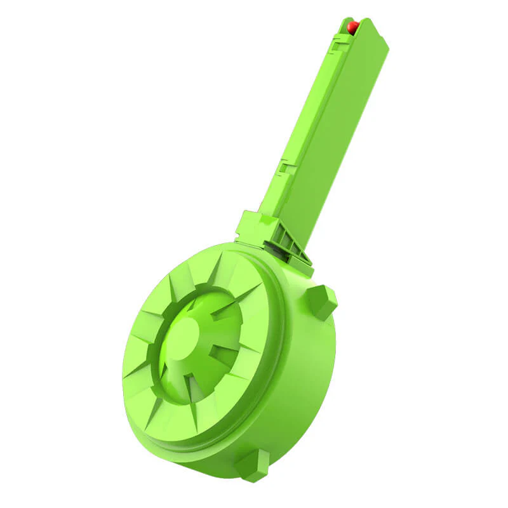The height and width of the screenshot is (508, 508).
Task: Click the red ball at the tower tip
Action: coord(353,27)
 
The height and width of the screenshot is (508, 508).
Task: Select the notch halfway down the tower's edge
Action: coord(287,168)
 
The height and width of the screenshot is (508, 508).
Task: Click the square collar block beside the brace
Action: coord(254,227)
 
